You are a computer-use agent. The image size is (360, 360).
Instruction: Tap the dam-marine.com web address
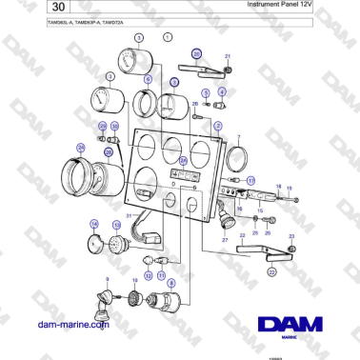pos(72,325)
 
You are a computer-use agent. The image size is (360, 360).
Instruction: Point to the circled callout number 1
pos(169,37)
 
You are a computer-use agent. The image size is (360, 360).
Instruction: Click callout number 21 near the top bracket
pos(228,57)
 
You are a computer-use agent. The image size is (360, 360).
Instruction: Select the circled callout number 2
pos(218,125)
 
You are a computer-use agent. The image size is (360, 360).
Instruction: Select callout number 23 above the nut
pos(290,234)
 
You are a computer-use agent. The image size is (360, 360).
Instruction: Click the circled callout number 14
pos(94,225)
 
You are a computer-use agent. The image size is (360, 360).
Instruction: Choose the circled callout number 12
pos(148,275)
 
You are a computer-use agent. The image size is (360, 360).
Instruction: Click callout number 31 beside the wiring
pos(129,217)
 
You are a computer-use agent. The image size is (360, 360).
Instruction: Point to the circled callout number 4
pos(222,91)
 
